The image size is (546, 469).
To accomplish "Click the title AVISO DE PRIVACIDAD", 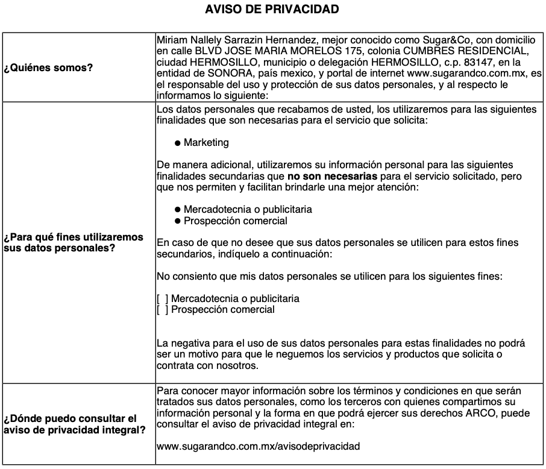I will pos(272,10).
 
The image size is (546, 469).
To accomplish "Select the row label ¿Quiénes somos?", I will pos(48,67).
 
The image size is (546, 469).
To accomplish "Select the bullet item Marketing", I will pos(206,143).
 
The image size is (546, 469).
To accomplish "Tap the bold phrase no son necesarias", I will pos(332,177).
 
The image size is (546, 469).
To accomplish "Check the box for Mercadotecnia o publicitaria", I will pos(162,298).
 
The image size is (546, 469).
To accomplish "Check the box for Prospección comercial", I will pos(162,310).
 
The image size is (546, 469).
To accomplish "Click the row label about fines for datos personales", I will pos(74,242).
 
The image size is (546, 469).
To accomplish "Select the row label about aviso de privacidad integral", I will pos(74,424).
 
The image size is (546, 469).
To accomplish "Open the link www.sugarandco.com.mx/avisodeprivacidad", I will pos(257,447).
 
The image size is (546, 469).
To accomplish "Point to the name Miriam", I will pos(171,38).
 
